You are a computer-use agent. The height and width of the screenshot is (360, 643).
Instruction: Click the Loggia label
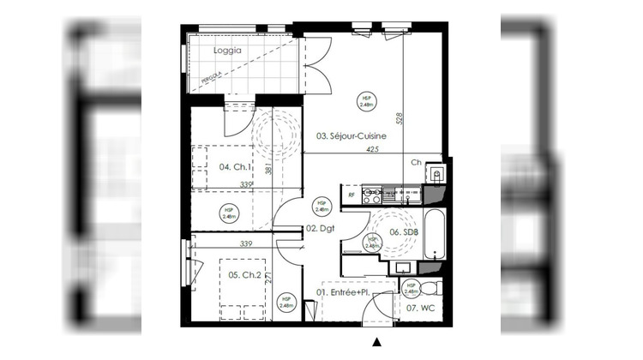click(x=228, y=51)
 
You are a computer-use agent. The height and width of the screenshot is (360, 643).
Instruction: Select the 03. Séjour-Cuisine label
click(x=351, y=135)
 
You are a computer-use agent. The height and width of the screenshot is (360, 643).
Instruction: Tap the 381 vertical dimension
click(x=268, y=169)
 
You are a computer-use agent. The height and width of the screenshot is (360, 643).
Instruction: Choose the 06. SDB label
click(x=404, y=231)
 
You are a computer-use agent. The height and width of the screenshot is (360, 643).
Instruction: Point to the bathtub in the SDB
click(x=433, y=234)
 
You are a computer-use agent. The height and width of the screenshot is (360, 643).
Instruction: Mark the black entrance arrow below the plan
click(x=376, y=342)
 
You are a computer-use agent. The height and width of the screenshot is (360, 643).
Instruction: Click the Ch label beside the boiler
click(x=416, y=162)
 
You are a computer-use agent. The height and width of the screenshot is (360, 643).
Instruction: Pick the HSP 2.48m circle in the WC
click(x=411, y=289)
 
